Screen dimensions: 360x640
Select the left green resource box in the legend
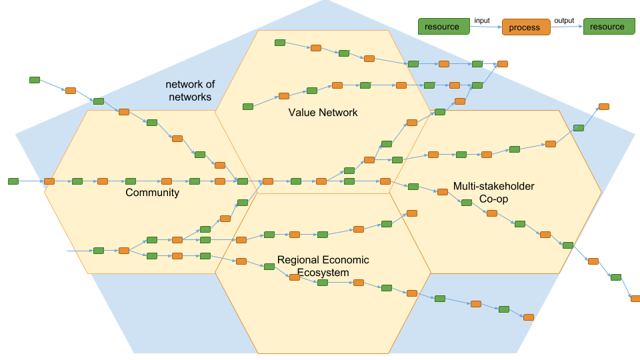(442, 27)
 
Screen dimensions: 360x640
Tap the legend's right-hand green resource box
(607, 27)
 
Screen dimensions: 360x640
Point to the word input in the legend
(482, 21)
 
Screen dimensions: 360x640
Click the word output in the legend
(565, 21)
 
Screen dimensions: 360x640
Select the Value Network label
(323, 113)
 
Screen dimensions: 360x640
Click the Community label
(152, 193)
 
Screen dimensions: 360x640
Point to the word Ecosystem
(323, 273)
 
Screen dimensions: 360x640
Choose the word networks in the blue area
(189, 97)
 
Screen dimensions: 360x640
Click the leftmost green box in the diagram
(13, 181)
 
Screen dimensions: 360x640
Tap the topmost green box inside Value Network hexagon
(280, 43)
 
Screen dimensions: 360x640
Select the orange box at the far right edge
(635, 299)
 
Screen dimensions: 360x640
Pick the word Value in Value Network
(301, 113)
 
